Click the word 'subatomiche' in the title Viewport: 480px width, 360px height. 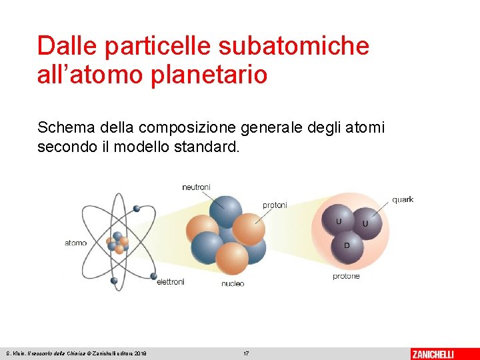293,45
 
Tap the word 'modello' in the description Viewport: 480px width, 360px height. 141,146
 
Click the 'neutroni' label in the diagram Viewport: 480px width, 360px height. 196,187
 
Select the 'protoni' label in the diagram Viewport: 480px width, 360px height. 275,205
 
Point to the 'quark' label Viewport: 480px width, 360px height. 403,199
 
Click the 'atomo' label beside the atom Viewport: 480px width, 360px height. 75,243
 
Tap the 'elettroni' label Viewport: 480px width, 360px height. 170,282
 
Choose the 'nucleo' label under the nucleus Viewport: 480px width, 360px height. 233,283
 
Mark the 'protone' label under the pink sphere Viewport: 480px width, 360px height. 346,276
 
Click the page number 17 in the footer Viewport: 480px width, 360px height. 246,353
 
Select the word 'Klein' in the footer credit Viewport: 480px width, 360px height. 18,353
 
